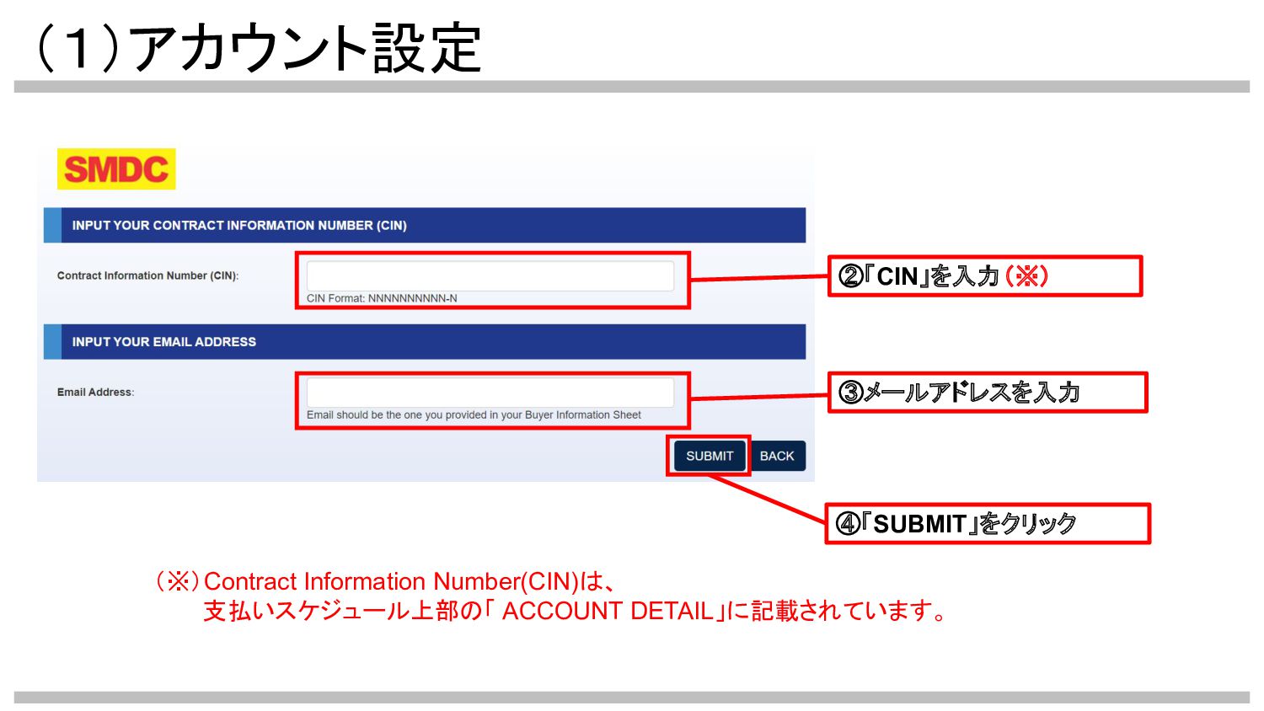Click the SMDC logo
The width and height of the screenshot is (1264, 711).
(x=116, y=169)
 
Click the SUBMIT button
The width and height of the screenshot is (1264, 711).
(x=710, y=456)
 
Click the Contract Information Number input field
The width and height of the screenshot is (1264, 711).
(x=490, y=275)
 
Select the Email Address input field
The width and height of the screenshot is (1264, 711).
(x=490, y=392)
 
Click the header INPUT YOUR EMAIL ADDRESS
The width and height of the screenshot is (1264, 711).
(x=164, y=342)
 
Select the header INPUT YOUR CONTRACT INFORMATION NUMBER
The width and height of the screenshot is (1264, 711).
(x=239, y=226)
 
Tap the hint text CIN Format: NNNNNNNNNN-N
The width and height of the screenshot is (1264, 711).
(x=382, y=298)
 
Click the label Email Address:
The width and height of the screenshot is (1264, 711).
(x=95, y=392)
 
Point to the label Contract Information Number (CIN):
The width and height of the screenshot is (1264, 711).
(x=147, y=275)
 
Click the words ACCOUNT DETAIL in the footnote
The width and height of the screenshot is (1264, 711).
(x=608, y=611)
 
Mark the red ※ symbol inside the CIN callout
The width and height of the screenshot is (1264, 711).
(x=1026, y=275)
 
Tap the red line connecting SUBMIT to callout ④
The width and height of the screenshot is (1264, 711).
(x=767, y=497)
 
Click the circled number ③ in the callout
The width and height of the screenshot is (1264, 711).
(x=851, y=393)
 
